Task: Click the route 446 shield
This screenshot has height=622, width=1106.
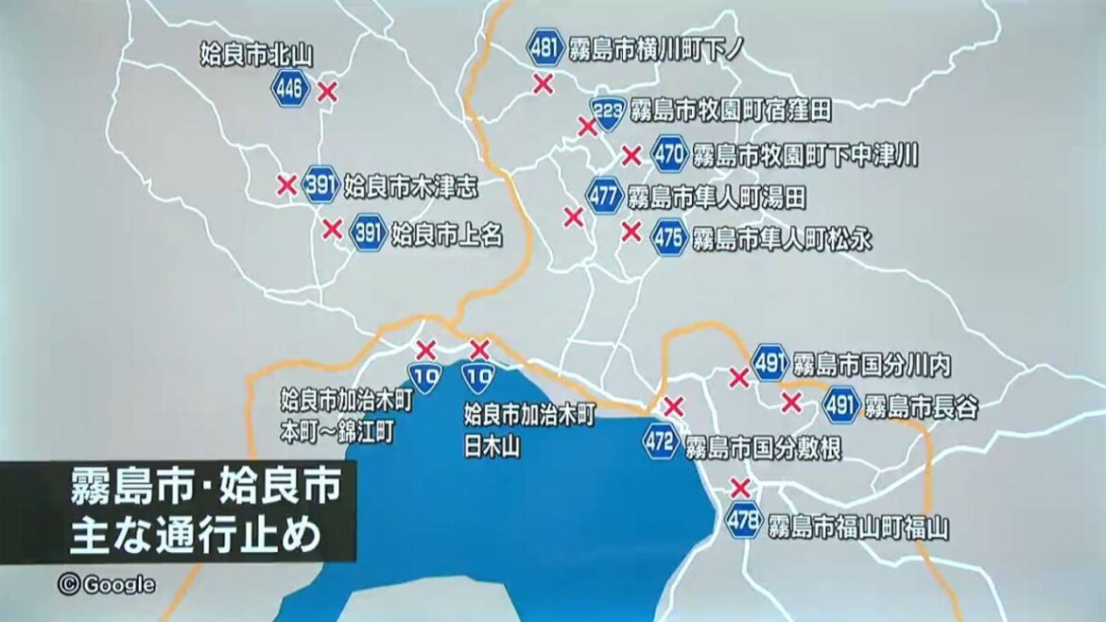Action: (x=290, y=90)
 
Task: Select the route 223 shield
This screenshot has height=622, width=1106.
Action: (x=608, y=112)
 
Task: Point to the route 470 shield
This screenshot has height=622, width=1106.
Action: (x=669, y=153)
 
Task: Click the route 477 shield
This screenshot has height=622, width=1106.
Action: (x=605, y=197)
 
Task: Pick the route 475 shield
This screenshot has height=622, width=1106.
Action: (x=669, y=238)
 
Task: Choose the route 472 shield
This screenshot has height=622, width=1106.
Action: (x=662, y=442)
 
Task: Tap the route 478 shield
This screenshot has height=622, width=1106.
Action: (x=744, y=521)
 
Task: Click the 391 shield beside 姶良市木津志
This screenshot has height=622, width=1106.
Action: (x=320, y=185)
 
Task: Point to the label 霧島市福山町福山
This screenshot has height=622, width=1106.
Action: (x=857, y=526)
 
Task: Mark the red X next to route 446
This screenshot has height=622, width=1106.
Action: (x=327, y=92)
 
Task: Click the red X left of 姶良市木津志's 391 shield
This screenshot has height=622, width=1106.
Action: (x=285, y=184)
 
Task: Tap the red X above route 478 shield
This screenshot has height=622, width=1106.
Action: (x=741, y=489)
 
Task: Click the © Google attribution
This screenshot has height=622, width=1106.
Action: (x=107, y=584)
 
